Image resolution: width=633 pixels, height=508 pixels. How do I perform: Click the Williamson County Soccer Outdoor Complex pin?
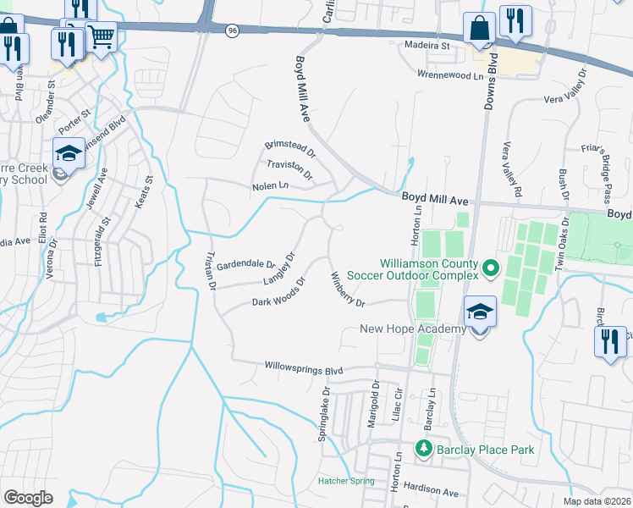490,269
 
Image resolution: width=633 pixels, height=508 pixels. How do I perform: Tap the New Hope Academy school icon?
480,312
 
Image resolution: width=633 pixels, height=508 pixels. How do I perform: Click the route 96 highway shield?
233,30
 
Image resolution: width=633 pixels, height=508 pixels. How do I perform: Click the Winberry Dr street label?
348,289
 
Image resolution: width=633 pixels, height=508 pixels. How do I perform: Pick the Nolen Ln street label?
270,185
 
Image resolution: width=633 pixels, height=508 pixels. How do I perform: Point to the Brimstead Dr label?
289,150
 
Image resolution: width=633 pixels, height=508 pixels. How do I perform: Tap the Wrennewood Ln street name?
453,74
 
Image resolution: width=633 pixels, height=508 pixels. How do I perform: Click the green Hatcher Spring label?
345,481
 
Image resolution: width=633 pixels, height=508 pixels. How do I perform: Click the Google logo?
28,497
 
